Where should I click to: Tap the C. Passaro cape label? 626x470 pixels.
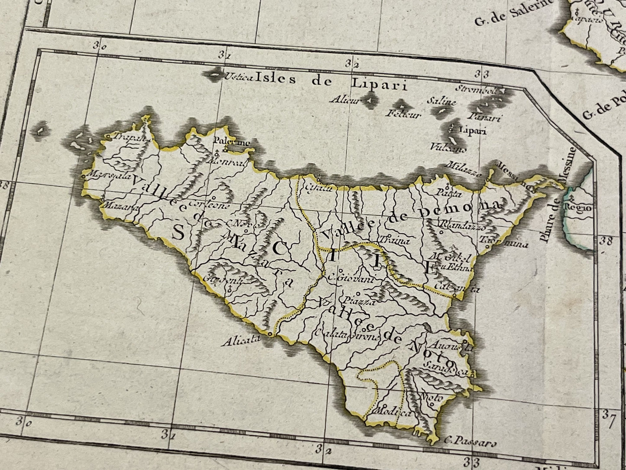470,444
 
